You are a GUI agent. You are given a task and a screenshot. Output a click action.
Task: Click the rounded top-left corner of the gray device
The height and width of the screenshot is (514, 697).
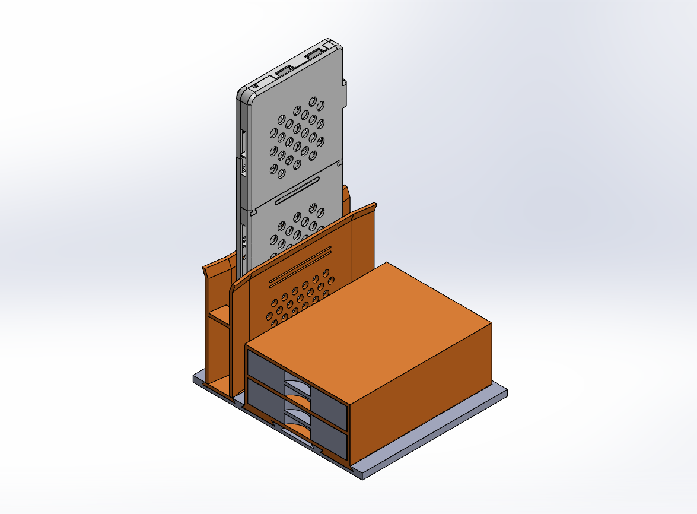coord(244,93)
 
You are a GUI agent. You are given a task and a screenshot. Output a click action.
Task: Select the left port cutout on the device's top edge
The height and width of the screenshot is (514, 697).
coord(283,71)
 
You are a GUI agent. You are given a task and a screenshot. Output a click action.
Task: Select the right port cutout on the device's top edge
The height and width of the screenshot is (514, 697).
coord(313,55)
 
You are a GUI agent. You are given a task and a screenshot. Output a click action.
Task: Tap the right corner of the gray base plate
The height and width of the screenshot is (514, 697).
coord(505,392)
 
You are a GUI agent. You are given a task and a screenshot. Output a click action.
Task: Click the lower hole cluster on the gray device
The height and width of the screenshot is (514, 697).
coord(297,229)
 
